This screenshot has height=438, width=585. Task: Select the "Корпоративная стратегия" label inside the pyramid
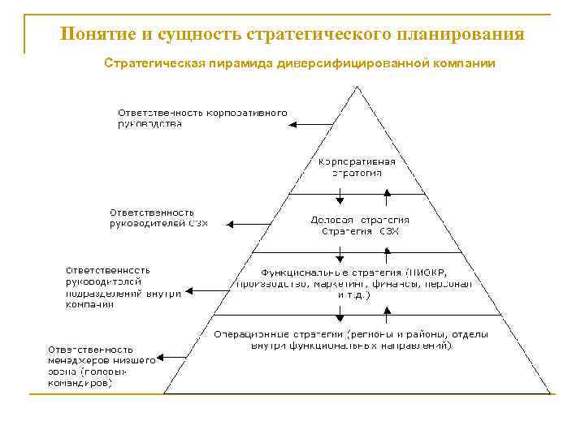click(357, 167)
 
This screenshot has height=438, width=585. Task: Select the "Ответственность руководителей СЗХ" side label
click(158, 217)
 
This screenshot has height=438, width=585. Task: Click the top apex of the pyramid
click(357, 87)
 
